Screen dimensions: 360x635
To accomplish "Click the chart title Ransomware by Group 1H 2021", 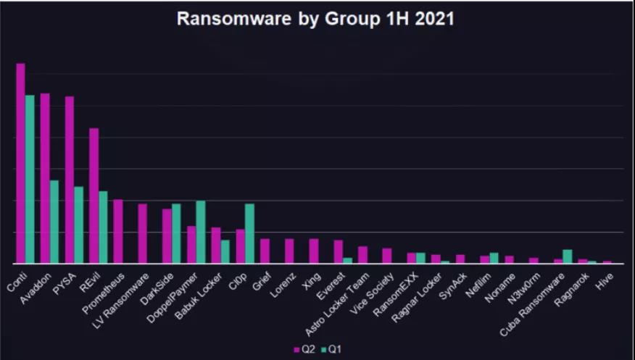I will click(x=316, y=20).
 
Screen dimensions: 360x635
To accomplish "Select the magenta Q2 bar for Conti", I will click(x=20, y=163).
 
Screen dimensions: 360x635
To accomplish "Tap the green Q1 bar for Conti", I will click(x=30, y=179).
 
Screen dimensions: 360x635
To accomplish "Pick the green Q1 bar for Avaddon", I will click(x=54, y=222).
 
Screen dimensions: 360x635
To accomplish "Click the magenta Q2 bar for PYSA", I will click(x=70, y=180).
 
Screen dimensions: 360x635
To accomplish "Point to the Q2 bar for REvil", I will click(x=94, y=196).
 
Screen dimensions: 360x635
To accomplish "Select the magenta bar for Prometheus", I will click(x=118, y=231).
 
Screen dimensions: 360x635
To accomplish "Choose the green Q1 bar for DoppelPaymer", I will click(x=201, y=232).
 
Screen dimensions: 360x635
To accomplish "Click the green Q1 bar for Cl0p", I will click(x=249, y=233).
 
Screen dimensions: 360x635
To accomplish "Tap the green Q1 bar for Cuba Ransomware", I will click(x=567, y=256).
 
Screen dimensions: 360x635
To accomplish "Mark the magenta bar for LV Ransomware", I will click(x=143, y=233).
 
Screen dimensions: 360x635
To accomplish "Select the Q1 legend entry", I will click(x=332, y=350).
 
